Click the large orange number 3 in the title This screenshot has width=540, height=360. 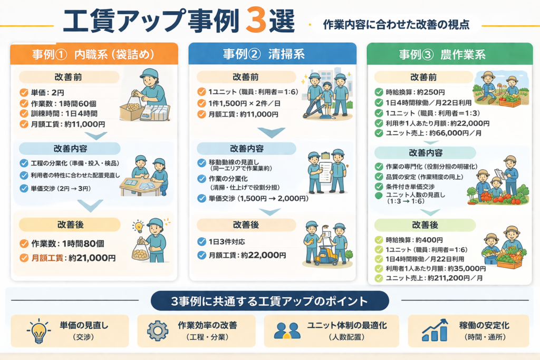click(259, 21)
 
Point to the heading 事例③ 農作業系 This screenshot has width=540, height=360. click(449, 54)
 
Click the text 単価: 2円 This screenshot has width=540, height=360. click(48, 93)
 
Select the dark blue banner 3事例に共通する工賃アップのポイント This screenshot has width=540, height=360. click(270, 301)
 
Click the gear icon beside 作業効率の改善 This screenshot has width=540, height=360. click(157, 330)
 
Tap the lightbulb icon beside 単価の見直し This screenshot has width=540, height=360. click(37, 330)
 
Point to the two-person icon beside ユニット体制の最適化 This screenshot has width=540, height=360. click(287, 330)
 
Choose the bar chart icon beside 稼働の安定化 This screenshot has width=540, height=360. click(435, 330)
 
